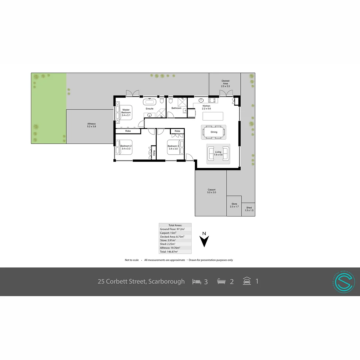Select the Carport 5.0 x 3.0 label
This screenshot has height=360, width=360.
(x=211, y=191)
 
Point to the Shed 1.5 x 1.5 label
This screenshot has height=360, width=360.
(x=249, y=209)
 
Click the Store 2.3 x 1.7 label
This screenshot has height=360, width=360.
(x=234, y=205)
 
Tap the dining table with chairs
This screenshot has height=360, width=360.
(x=214, y=132)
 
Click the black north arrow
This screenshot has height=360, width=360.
(x=205, y=241)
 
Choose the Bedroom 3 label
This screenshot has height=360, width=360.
(x=173, y=147)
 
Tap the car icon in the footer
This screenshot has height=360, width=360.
(x=247, y=281)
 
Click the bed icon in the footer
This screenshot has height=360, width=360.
(x=197, y=282)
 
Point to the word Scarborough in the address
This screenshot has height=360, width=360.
(x=166, y=281)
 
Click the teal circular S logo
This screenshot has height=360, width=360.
(x=344, y=282)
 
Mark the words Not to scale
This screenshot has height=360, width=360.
(x=132, y=260)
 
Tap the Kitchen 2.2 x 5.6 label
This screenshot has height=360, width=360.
(x=206, y=107)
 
